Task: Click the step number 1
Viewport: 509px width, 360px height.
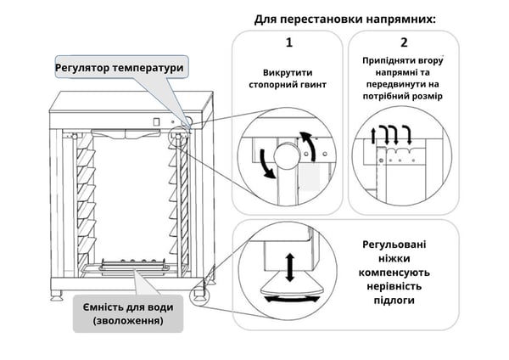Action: pyautogui.click(x=288, y=42)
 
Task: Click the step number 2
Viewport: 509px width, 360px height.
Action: pyautogui.click(x=404, y=42)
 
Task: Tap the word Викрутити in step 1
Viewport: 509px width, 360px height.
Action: pyautogui.click(x=289, y=73)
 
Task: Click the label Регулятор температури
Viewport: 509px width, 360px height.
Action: pyautogui.click(x=119, y=67)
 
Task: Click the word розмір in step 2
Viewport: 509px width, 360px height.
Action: pyautogui.click(x=429, y=96)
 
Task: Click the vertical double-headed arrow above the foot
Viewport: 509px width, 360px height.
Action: pyautogui.click(x=289, y=267)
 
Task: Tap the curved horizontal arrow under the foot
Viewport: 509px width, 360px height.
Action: pyautogui.click(x=289, y=297)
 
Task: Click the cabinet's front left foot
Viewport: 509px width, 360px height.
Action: pyautogui.click(x=58, y=294)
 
